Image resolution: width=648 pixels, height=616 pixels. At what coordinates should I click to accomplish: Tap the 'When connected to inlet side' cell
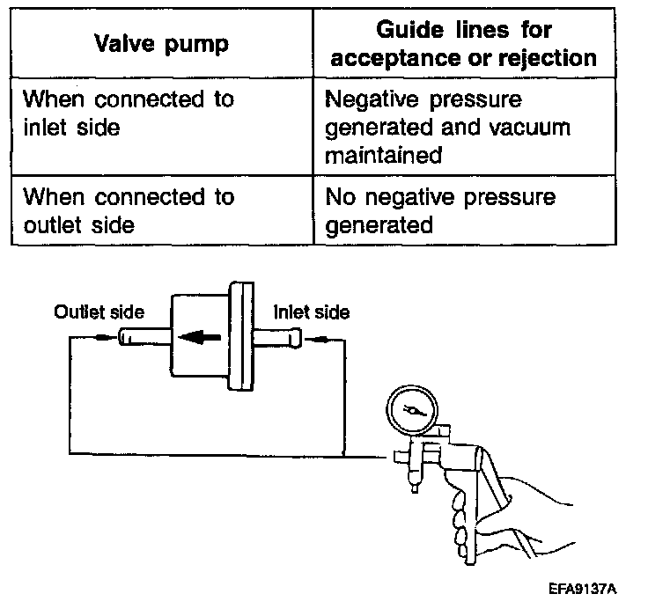pos(129,114)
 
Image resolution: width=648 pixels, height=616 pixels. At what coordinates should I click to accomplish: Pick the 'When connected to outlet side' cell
pos(129,210)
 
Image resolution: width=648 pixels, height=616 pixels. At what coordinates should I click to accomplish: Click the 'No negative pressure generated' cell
pos(440,210)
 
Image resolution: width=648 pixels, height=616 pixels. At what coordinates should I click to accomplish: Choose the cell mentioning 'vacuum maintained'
pos(447,128)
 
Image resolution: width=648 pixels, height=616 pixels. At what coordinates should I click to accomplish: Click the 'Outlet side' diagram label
pos(99,312)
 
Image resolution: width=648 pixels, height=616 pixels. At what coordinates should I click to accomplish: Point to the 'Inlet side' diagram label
pos(312,312)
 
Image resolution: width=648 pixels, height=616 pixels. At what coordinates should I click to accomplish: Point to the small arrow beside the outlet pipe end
pos(104,336)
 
